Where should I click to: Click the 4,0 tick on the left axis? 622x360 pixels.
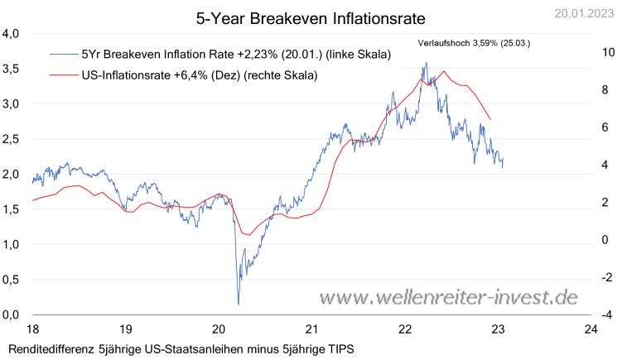click(12, 34)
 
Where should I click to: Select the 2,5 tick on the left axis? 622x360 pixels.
click(12, 139)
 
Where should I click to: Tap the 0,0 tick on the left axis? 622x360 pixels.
click(12, 315)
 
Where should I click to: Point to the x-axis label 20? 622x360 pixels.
click(218, 329)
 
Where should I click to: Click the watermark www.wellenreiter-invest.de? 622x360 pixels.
click(449, 297)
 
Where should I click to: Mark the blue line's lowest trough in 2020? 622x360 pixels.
click(238, 304)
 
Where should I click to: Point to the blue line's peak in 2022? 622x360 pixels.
click(426, 63)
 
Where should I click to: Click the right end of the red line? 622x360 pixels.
click(491, 120)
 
